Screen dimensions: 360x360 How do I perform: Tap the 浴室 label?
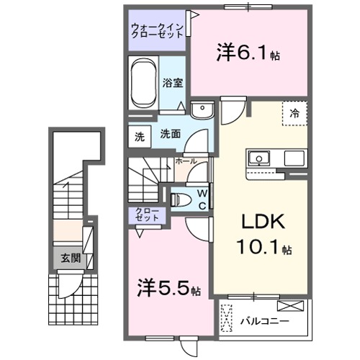[171, 83]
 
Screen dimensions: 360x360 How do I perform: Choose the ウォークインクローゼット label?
[157, 32]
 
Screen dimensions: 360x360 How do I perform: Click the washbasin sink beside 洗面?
[202, 110]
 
